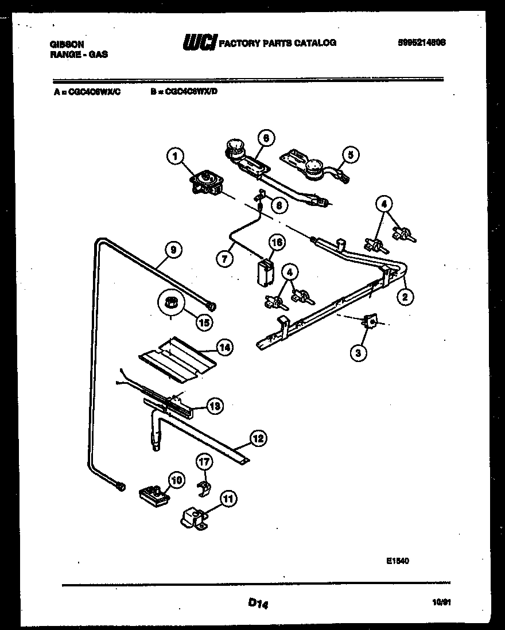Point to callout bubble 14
(x=224, y=347)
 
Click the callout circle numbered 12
(x=258, y=440)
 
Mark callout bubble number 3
(x=358, y=353)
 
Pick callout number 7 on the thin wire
(x=224, y=259)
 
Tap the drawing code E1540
(x=398, y=563)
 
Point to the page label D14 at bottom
(x=259, y=603)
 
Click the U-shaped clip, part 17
(x=203, y=487)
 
